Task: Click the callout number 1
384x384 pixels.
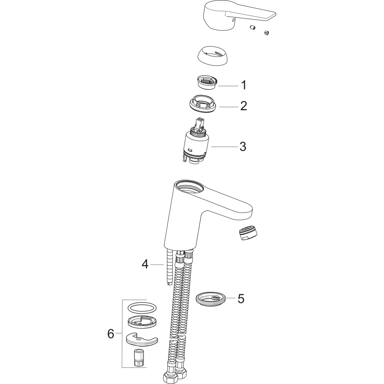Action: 244,85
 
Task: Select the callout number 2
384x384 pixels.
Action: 243,106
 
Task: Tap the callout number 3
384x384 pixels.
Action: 243,147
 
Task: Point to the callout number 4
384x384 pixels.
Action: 145,264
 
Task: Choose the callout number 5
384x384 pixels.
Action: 241,298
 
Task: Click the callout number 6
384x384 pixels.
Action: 111,334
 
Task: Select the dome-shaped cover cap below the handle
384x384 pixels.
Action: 212,57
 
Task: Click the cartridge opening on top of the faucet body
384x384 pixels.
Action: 191,187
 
